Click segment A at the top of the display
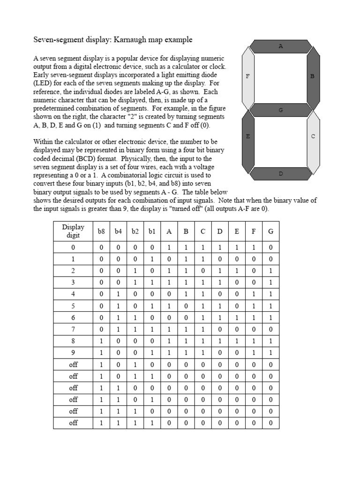tap(281, 46)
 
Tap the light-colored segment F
tap(247, 76)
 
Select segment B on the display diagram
tap(313, 76)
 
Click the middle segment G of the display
tap(281, 110)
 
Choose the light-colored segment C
tap(313, 137)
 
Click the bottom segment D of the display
tap(281, 174)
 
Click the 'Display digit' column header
tap(73, 231)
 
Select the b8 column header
tap(102, 232)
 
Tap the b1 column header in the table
tap(152, 232)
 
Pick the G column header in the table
tap(270, 232)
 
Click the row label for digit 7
tap(73, 330)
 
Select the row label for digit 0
tap(73, 247)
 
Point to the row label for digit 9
tap(73, 353)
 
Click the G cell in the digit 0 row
tap(270, 247)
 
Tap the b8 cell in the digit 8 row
tap(102, 341)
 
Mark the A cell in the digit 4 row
tap(169, 294)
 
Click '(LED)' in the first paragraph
tap(44, 83)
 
